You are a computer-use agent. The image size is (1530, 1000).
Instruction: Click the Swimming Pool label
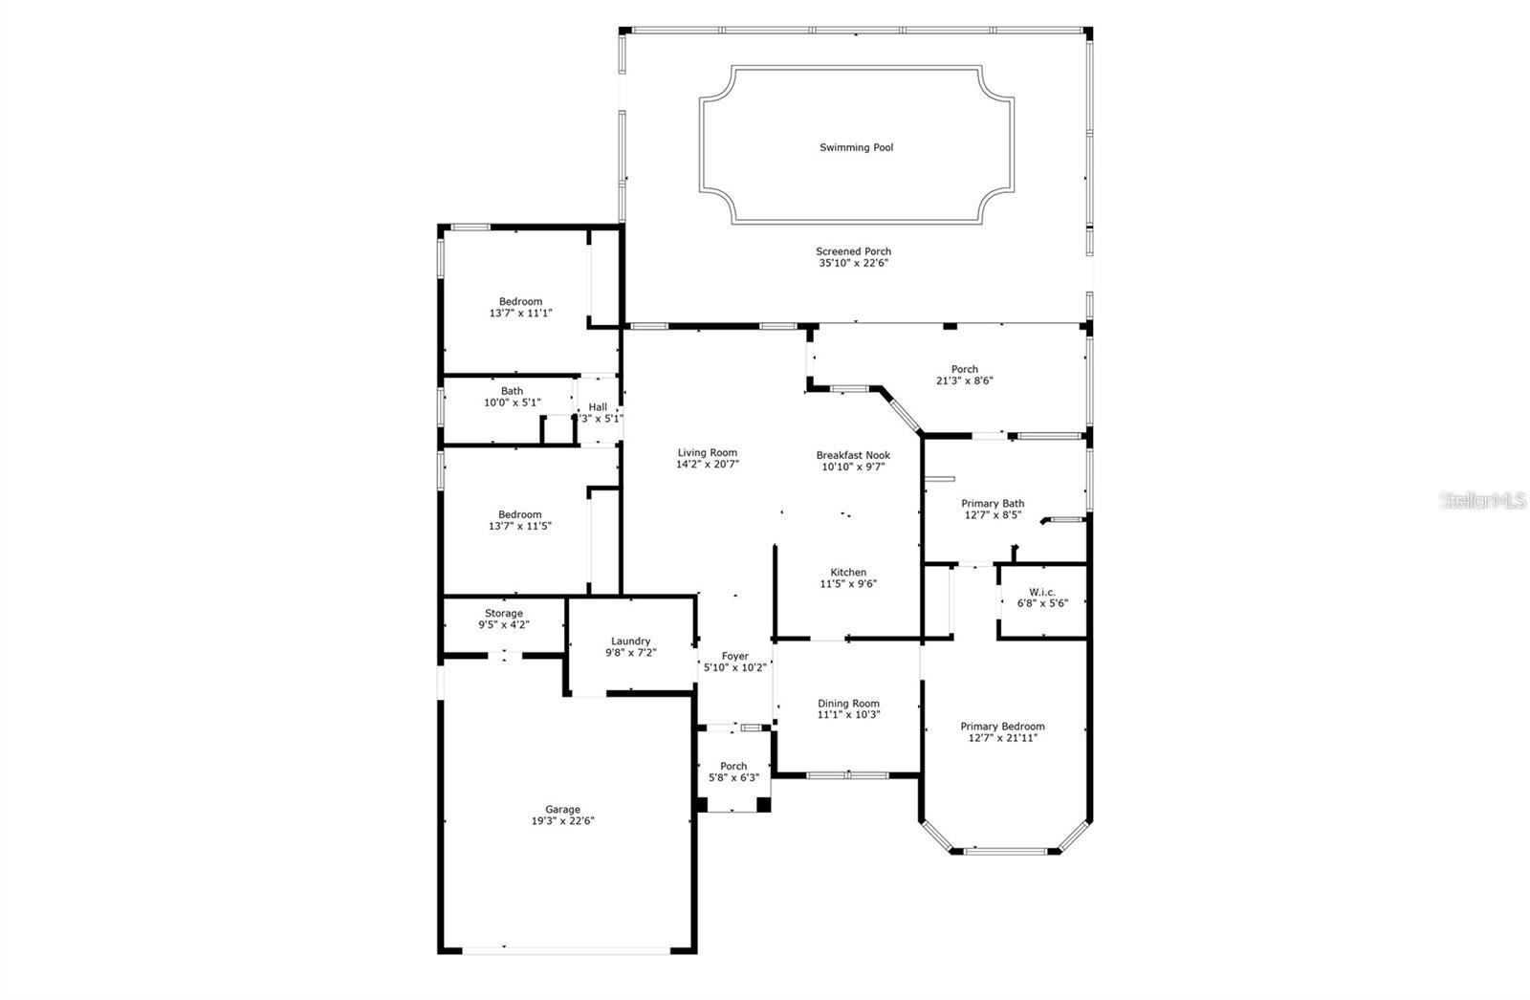tap(856, 147)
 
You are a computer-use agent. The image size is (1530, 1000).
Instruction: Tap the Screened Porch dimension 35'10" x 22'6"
tap(853, 263)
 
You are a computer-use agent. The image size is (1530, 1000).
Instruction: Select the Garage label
tap(563, 809)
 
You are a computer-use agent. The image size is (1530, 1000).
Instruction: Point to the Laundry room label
tap(630, 641)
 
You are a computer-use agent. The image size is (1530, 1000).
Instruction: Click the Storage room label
tap(503, 613)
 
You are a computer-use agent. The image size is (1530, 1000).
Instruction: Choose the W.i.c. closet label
tap(1041, 592)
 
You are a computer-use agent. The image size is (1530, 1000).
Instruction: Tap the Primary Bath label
tap(993, 503)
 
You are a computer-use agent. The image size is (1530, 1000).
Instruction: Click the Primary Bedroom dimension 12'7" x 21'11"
tap(1002, 737)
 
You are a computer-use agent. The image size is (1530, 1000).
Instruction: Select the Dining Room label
tap(848, 703)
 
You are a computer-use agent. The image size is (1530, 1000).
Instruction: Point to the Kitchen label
tap(848, 572)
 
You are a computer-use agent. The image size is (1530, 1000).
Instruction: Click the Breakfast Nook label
tap(853, 455)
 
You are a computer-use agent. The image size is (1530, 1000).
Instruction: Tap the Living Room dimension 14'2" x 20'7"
tap(708, 464)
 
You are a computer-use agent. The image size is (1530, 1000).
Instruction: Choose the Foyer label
tap(734, 656)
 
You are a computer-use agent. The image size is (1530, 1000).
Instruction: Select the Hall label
tap(598, 407)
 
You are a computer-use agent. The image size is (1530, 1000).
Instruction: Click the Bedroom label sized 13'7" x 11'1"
tap(520, 301)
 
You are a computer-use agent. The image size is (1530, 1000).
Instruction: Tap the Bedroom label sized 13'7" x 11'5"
tap(519, 514)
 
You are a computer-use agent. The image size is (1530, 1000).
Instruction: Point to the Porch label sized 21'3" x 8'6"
tap(964, 369)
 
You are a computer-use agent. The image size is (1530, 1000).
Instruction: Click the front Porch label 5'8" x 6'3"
tap(733, 766)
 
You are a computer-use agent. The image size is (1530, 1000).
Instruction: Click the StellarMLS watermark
tap(1483, 500)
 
